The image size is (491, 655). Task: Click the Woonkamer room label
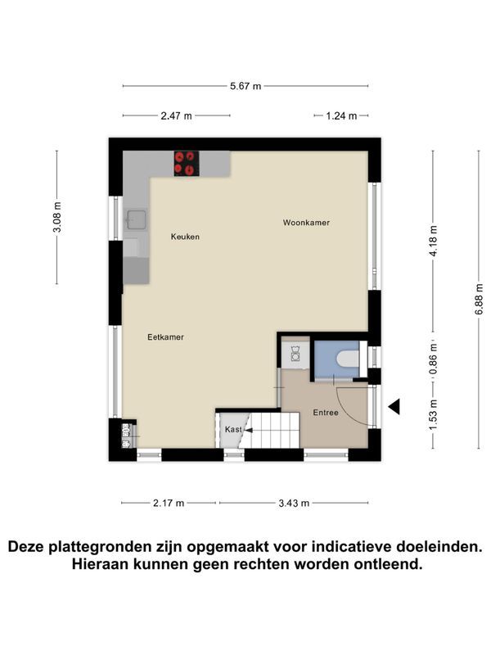click(x=306, y=223)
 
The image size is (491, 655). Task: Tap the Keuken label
click(x=185, y=237)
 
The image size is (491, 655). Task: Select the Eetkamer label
click(x=166, y=337)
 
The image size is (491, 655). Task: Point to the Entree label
click(x=326, y=413)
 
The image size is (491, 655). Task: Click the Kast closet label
click(x=233, y=429)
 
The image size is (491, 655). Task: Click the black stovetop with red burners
click(x=187, y=163)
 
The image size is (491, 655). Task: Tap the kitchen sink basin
click(x=137, y=219)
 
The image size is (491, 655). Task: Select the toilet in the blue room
click(x=348, y=359)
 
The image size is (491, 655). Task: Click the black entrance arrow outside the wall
click(x=394, y=406)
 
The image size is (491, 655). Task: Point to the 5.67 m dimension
click(x=245, y=87)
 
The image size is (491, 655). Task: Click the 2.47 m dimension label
click(x=176, y=115)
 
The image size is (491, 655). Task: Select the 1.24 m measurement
click(x=341, y=115)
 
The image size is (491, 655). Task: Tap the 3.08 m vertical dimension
click(x=57, y=217)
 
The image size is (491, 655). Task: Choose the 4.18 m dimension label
click(x=434, y=242)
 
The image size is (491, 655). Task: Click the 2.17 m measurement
click(x=169, y=503)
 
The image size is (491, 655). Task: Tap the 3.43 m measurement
click(x=294, y=503)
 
